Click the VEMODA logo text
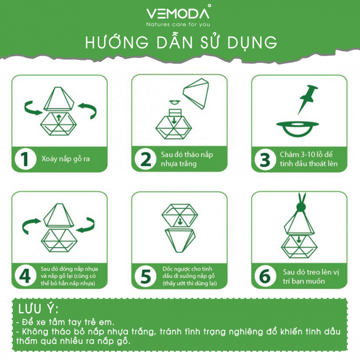pos(178,14)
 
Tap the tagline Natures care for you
pos(178,24)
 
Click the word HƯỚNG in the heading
pos(117,42)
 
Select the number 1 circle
pos(25,158)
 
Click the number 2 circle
pos(145,159)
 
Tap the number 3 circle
pos(265,159)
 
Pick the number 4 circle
pos(25,276)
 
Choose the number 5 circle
pos(145,276)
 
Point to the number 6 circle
pos(265,276)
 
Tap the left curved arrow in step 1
pos(33,108)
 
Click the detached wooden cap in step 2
pos(196,93)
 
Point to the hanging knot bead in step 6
pos(301,207)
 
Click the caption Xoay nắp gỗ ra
pos(66,159)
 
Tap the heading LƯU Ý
pos(38,309)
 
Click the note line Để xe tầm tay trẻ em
pos(65,322)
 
